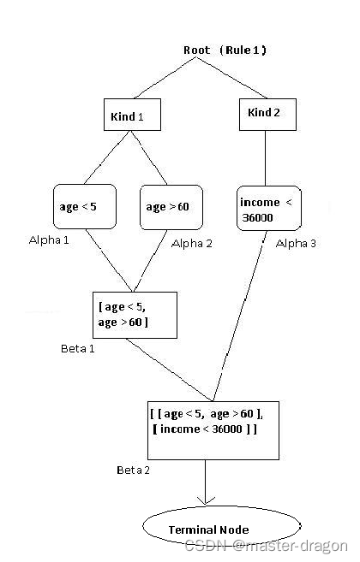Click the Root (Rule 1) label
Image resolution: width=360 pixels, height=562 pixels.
coord(225,50)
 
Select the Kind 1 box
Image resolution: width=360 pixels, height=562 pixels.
coord(131,115)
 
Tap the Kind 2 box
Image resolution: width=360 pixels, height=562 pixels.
coord(266,113)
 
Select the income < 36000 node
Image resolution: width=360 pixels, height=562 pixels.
coord(267,208)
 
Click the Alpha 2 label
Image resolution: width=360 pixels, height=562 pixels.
coord(192,244)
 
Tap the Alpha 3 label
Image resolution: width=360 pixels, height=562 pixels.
coord(296,244)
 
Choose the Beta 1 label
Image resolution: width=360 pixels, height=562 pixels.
coord(79,349)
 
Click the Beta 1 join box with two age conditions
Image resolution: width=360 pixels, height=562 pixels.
coord(134,316)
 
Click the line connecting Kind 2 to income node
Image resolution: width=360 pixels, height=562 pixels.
coord(266,158)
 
